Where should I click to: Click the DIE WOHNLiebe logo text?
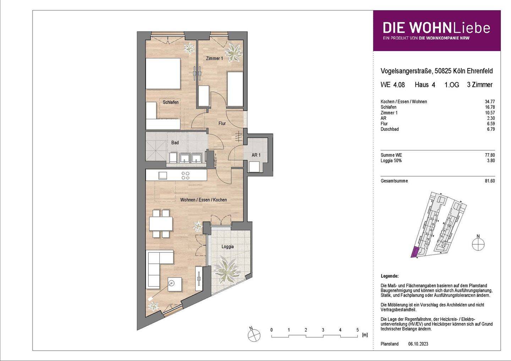click(x=436, y=28)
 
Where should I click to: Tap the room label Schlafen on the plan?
click(x=171, y=102)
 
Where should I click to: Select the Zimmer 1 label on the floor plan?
click(x=214, y=58)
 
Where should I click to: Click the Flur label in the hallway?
click(x=222, y=123)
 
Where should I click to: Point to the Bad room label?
click(x=175, y=143)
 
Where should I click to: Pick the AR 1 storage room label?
click(x=256, y=155)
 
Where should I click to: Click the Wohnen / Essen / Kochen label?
click(x=203, y=200)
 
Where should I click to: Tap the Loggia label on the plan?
click(x=227, y=246)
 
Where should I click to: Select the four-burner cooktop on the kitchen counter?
click(x=185, y=175)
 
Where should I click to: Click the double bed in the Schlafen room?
click(x=163, y=73)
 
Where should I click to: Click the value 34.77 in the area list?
click(x=490, y=102)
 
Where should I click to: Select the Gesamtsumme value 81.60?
click(x=490, y=181)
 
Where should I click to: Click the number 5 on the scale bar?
click(x=357, y=330)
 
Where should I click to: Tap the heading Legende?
click(x=389, y=276)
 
